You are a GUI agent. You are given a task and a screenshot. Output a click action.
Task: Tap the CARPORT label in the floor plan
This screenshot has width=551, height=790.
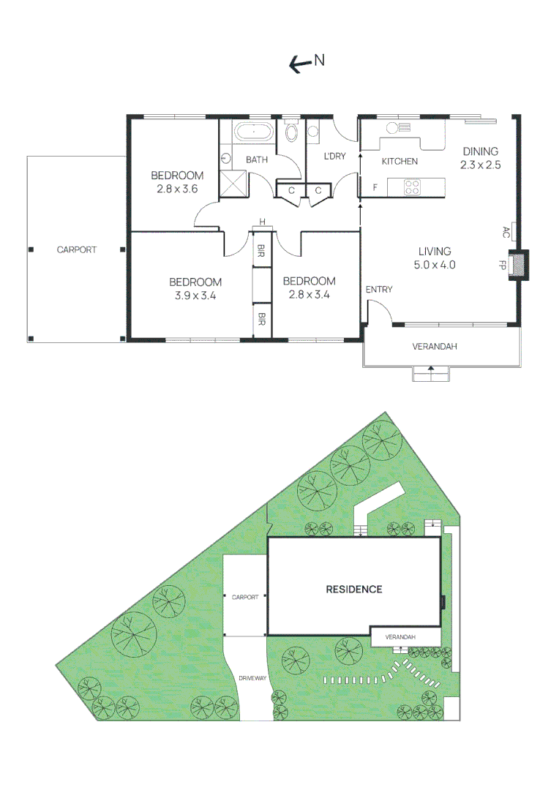(77, 250)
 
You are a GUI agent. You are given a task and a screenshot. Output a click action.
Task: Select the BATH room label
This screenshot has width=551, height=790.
(256, 159)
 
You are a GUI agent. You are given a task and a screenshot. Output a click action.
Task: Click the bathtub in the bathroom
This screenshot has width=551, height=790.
(253, 134)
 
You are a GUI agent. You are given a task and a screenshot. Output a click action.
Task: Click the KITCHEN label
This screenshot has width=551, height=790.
(400, 161)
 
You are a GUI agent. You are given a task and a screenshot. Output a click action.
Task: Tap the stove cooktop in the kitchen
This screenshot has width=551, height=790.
(413, 187)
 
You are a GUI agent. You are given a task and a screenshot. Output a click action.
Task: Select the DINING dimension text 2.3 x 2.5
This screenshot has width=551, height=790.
(480, 165)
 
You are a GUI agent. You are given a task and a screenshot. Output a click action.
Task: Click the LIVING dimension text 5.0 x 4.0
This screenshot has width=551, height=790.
(435, 265)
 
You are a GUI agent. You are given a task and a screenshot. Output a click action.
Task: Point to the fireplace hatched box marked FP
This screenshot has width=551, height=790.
(519, 264)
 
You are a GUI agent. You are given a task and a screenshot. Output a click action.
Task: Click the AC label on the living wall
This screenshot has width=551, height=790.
(506, 232)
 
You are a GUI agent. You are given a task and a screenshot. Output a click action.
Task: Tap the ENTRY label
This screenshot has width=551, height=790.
(379, 290)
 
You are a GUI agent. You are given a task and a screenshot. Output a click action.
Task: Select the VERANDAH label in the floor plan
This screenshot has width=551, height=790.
(435, 347)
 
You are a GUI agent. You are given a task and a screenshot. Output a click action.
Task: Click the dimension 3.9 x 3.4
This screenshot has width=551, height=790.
(195, 296)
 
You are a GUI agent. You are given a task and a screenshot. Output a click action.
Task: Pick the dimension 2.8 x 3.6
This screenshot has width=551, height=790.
(177, 189)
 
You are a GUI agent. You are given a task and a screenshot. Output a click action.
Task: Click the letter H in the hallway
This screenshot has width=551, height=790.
(260, 223)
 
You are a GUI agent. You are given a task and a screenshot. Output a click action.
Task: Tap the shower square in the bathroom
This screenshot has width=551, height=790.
(233, 183)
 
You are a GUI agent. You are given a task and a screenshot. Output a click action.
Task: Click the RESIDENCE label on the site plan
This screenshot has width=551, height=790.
(354, 590)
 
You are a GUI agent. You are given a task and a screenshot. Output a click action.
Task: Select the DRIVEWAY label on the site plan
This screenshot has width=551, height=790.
(252, 679)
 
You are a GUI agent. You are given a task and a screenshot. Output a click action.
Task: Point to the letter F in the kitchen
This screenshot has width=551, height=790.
(375, 188)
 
